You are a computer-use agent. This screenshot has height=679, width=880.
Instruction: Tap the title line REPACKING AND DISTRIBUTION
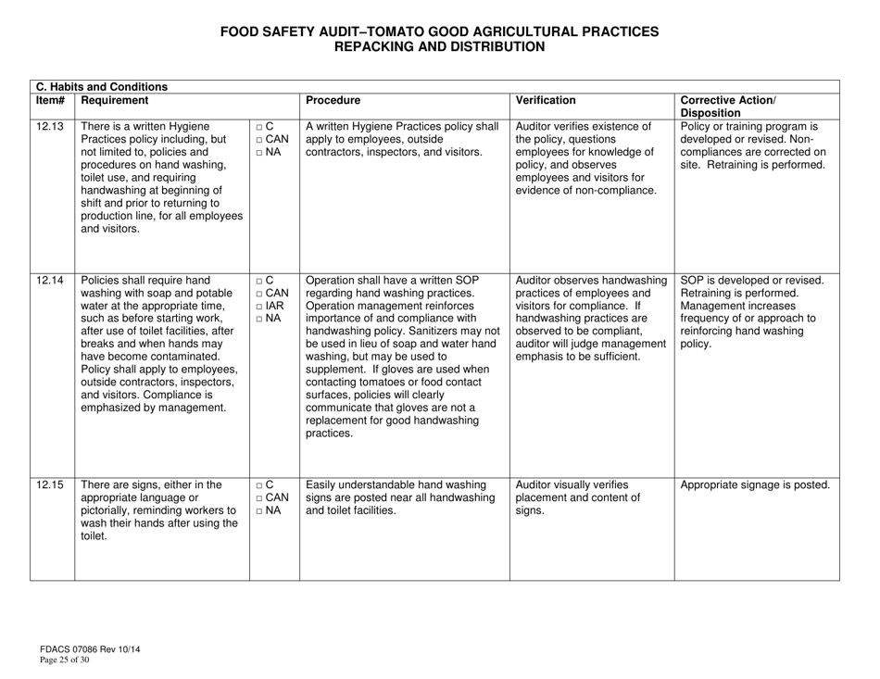pos(439,45)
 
